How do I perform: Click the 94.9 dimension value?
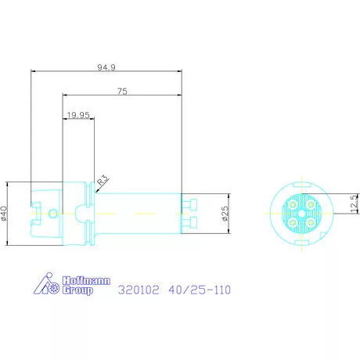[x=106, y=67]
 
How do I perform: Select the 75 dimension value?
[x=122, y=92]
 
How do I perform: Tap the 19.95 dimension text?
[x=78, y=115]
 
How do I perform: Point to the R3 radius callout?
[x=103, y=180]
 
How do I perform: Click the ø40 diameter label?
[x=4, y=214]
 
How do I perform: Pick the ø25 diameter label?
[x=225, y=214]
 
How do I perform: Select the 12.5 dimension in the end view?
[x=354, y=203]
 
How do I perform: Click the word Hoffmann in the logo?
[x=86, y=281]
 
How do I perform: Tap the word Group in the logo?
[x=77, y=290]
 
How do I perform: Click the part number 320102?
[x=139, y=290]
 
